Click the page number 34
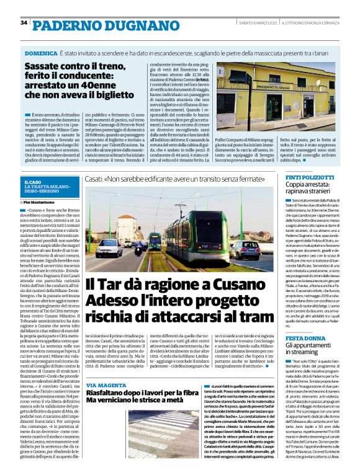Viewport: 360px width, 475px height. (x=24, y=23)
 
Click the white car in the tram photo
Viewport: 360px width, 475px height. (x=109, y=247)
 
